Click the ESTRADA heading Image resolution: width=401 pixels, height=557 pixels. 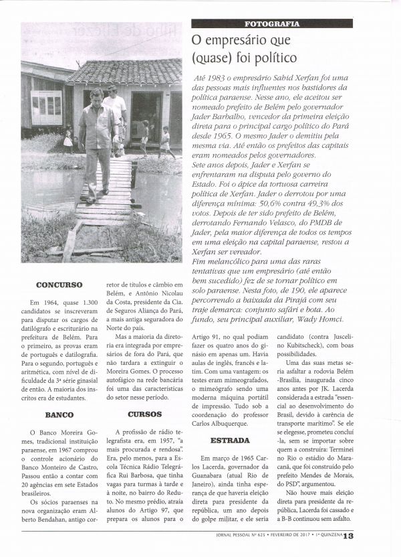[230, 441]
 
